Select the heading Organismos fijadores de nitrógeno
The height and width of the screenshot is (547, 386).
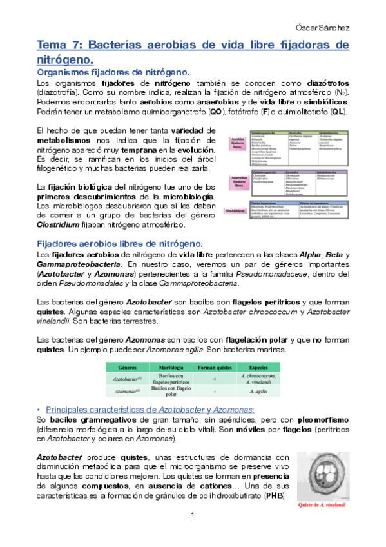113,73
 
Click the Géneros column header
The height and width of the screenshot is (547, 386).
123,366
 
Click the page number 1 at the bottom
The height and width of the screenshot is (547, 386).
193,515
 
